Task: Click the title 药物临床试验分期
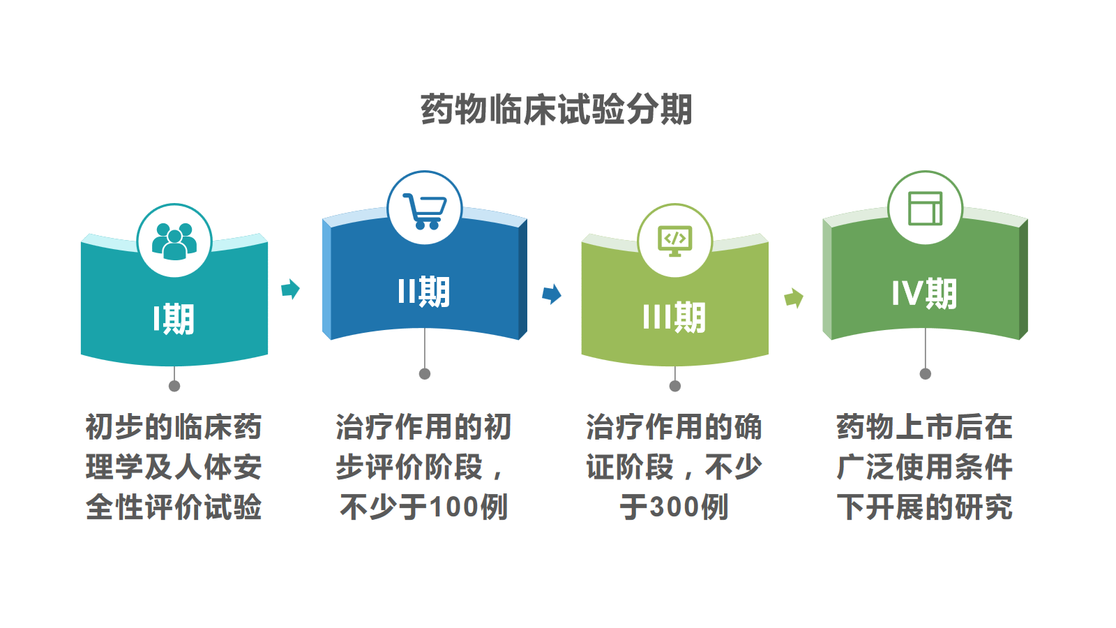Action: pos(557,109)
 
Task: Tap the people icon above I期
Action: pos(174,241)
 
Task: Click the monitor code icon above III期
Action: pos(675,241)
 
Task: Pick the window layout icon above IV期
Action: pos(925,209)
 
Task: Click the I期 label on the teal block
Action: pos(174,319)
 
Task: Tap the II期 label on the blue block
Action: pos(424,292)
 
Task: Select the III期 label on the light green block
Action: pos(674,317)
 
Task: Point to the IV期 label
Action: pos(925,294)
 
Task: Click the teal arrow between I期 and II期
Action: pos(290,289)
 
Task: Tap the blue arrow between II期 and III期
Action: pos(552,294)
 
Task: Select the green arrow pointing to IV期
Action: pos(794,299)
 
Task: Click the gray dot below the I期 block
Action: pos(174,386)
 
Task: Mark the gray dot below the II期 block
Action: pos(425,374)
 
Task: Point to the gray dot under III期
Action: pos(675,386)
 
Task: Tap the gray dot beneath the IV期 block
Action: pos(925,374)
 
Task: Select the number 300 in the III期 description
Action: pos(674,507)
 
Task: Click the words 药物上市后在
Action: pos(925,427)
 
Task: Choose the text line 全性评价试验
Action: pos(174,507)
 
